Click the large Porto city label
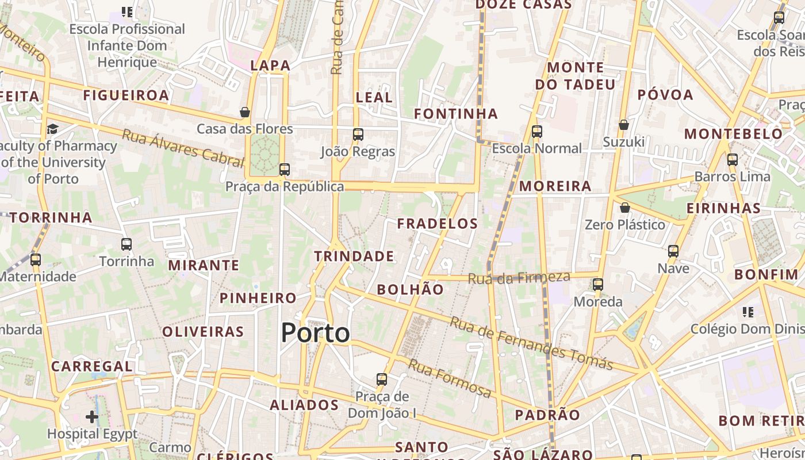point(315,333)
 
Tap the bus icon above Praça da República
point(284,170)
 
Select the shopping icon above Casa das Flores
point(245,112)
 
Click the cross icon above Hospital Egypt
point(92,416)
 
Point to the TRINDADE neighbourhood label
point(354,256)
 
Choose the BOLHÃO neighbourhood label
point(411,290)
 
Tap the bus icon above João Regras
point(358,135)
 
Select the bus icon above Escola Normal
point(536,132)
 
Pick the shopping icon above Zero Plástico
point(624,208)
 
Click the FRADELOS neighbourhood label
point(438,224)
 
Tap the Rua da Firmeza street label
point(519,278)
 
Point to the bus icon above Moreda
point(598,285)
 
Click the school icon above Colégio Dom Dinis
point(747,312)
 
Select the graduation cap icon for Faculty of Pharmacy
point(53,129)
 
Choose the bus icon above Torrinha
point(126,244)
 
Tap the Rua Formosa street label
point(450,379)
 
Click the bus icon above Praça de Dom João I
point(382,379)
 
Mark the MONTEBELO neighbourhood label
point(733,135)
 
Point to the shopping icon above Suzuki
point(624,125)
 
